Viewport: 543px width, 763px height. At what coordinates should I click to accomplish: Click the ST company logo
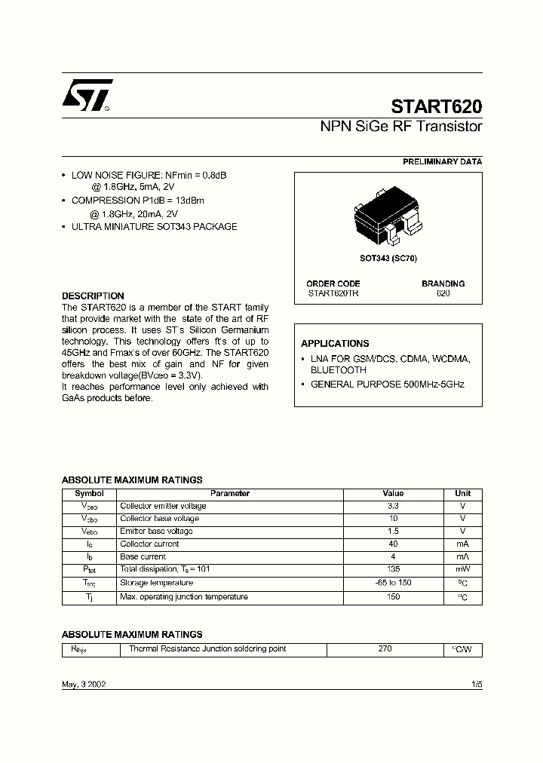coord(87,96)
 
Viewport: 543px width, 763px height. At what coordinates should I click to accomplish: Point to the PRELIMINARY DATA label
coord(442,162)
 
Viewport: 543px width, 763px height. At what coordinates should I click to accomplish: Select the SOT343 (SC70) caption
coord(388,259)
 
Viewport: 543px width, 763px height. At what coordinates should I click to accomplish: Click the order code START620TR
coord(333,293)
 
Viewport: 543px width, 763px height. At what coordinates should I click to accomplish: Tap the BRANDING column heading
coord(443,283)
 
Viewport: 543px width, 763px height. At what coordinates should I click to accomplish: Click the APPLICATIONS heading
coord(335,343)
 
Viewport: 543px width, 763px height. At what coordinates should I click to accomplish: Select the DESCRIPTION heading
coord(93,296)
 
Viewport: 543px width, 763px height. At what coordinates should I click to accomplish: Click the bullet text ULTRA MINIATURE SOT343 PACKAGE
coord(154,226)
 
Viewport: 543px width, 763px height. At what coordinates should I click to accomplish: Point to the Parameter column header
coord(230,494)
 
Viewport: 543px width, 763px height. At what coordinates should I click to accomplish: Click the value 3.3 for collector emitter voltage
coord(393,506)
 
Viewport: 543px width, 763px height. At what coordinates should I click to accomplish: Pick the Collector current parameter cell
coord(149,544)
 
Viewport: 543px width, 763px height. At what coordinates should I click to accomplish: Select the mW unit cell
coord(462,570)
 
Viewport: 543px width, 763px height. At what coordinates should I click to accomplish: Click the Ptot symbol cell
coord(90,570)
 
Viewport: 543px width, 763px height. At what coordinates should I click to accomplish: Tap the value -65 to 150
coord(393,583)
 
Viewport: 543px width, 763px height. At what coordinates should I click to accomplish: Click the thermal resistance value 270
coord(385,648)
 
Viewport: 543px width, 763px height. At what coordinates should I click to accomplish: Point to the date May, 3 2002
coord(84,683)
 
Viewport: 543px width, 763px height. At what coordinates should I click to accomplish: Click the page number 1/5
coord(476,683)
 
